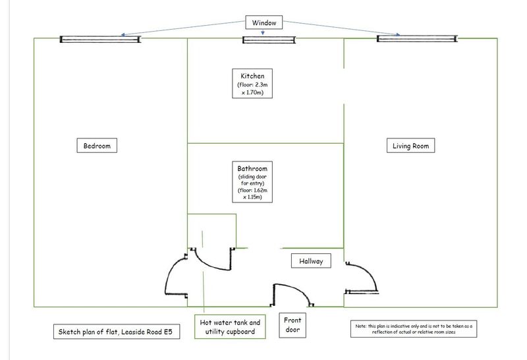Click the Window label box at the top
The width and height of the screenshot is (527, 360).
263,22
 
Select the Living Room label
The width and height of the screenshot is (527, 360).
410,146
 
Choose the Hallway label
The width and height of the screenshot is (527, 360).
311,261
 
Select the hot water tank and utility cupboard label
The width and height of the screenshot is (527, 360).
230,327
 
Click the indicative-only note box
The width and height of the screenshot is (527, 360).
412,329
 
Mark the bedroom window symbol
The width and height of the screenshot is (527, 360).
101,40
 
